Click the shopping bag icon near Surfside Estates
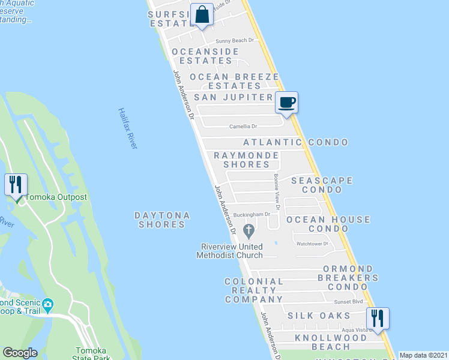click(202, 14)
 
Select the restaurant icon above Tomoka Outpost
click(16, 184)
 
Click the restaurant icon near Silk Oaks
click(378, 317)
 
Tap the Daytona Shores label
click(162, 220)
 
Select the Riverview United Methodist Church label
click(231, 251)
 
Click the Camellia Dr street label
click(243, 127)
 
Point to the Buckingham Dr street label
click(253, 214)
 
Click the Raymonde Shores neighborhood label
click(247, 160)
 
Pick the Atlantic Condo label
click(295, 142)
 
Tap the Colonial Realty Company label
click(253, 290)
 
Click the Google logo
click(20, 353)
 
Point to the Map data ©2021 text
click(424, 355)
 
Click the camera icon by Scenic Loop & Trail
click(48, 304)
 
